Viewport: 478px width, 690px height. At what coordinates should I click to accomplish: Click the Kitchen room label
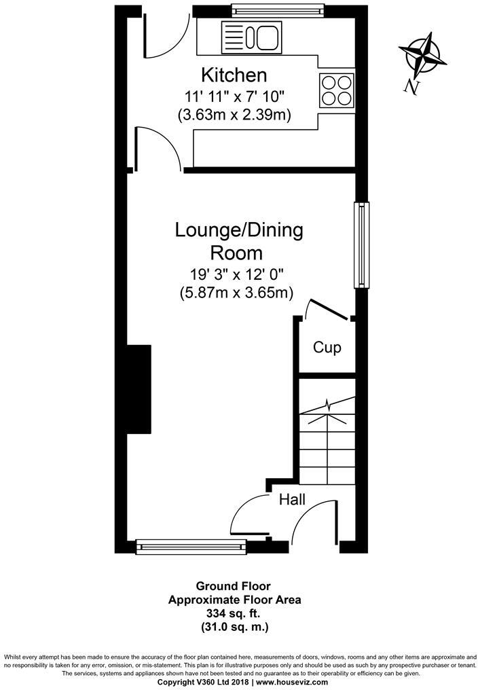point(234,75)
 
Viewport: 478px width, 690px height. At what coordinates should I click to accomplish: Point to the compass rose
point(422,56)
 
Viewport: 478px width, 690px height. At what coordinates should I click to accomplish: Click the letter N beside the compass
point(411,87)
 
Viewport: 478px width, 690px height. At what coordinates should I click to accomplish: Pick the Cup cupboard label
point(327,348)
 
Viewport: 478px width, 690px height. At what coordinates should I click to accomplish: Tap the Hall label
point(292,499)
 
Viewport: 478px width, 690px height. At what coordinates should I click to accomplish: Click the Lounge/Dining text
point(239,230)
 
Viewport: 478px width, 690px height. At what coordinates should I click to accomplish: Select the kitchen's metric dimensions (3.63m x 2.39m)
point(234,115)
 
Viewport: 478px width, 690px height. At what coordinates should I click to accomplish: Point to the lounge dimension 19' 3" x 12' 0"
point(236,274)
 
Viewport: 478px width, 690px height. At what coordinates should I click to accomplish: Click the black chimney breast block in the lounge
point(139,389)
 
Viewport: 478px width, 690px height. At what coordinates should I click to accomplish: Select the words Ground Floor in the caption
point(233,586)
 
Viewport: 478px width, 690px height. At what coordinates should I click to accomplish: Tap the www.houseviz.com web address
point(292,682)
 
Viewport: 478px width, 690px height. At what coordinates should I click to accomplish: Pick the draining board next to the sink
point(234,37)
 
